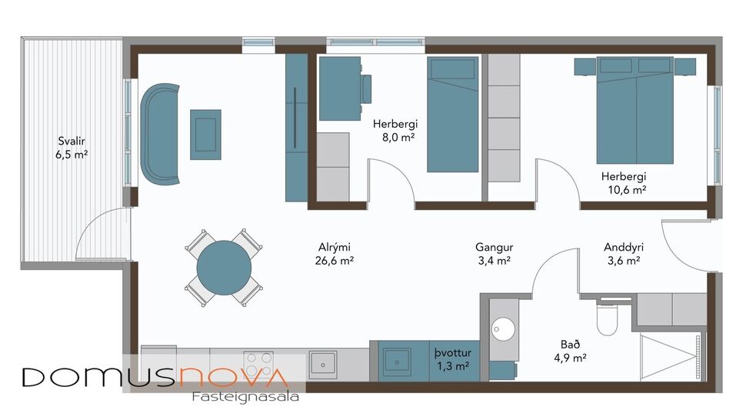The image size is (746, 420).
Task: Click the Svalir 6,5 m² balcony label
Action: pos(73,148)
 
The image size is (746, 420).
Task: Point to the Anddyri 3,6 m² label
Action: pos(623,254)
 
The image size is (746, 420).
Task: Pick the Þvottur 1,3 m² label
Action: pos(451,360)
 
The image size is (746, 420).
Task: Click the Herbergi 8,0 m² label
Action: pos(394,130)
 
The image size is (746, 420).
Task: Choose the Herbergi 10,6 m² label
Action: pos(623,182)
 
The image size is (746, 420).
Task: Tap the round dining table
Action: pos(224,268)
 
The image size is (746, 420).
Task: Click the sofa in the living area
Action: pos(160,135)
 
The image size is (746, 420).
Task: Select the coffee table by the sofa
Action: pos(205,135)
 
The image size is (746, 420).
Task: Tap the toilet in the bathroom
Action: pos(608,319)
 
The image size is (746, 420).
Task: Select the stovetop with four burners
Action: pos(258,362)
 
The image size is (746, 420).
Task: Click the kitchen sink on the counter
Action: pos(323,362)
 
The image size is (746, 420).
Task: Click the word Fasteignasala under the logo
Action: pos(244,397)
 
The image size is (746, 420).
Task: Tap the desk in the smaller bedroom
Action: pos(339,88)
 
